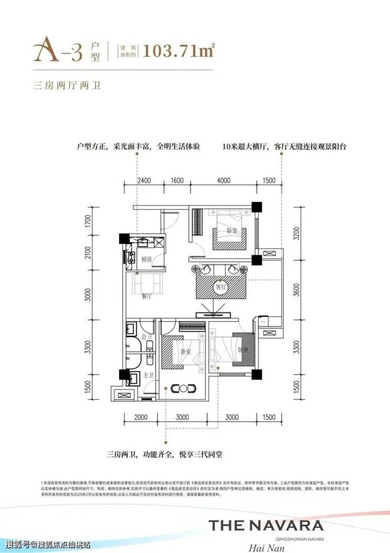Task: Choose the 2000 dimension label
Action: (140, 417)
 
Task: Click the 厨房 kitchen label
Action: (147, 260)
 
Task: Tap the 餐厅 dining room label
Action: (147, 297)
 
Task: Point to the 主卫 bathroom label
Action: (149, 375)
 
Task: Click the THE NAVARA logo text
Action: (266, 525)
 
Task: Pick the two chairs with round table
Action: (183, 388)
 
